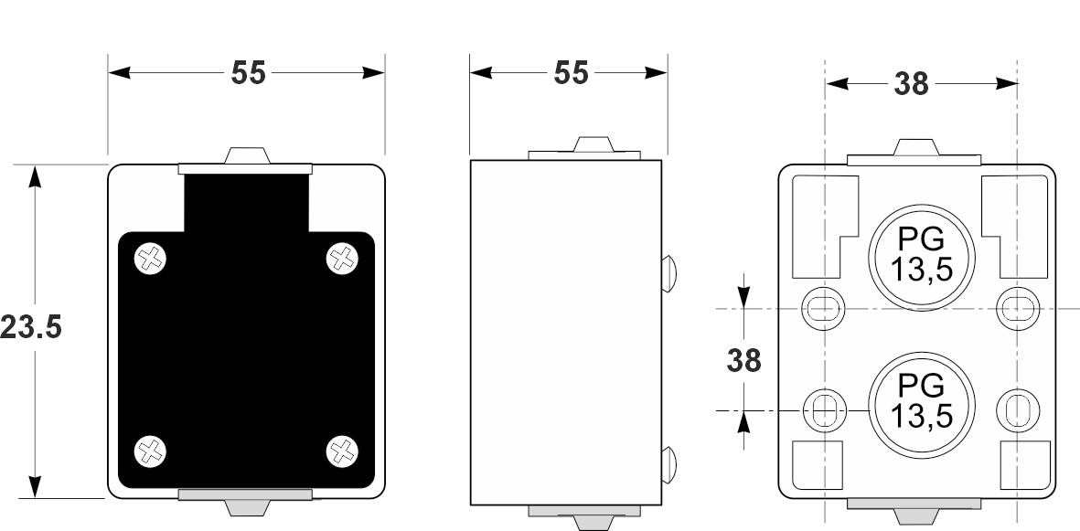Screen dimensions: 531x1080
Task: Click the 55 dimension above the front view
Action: click(247, 73)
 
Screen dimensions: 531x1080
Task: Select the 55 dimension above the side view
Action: click(572, 73)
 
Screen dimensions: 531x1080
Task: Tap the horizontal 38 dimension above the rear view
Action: click(911, 84)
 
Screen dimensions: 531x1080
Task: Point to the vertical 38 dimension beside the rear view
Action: click(744, 360)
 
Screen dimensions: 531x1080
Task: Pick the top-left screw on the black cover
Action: click(151, 260)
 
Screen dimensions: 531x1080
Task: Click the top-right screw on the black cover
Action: click(342, 259)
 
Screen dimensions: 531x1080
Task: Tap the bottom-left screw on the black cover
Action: click(151, 449)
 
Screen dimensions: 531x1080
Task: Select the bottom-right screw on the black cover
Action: click(342, 449)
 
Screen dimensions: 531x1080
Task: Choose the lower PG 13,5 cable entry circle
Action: click(922, 401)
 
